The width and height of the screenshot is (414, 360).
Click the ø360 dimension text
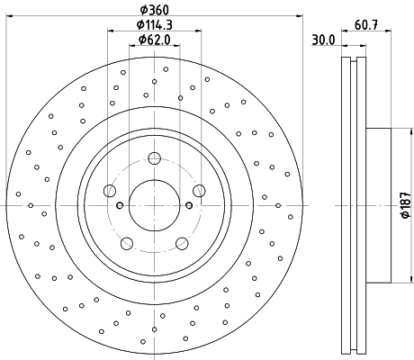(x=154, y=10)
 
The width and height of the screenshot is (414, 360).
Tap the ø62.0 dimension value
(x=154, y=40)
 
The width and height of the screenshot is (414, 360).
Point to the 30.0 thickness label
(x=323, y=39)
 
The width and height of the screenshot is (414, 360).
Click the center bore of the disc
(x=154, y=204)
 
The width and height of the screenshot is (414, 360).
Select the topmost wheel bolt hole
(x=154, y=158)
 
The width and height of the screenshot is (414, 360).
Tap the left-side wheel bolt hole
(x=110, y=190)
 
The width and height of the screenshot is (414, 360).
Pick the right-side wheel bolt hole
(x=198, y=190)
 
